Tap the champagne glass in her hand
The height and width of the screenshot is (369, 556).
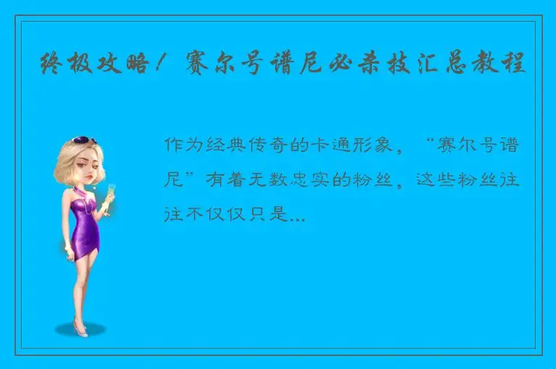[x=111, y=193]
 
